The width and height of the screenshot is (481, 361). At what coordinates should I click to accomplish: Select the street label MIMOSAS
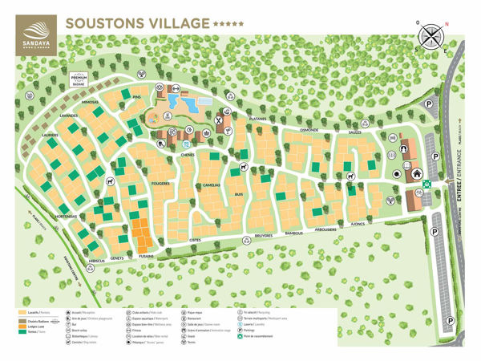tap(83, 103)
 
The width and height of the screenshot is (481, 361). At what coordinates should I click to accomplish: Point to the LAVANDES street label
tap(69, 116)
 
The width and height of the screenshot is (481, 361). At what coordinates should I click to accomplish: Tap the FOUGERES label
tap(161, 183)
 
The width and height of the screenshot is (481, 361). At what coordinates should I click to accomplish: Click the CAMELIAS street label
tap(211, 184)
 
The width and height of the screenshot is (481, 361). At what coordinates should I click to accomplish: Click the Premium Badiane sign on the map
tap(79, 79)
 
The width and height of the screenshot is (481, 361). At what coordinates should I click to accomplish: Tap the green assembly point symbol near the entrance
tap(427, 183)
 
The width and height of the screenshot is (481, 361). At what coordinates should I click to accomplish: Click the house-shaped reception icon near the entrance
tap(416, 172)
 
